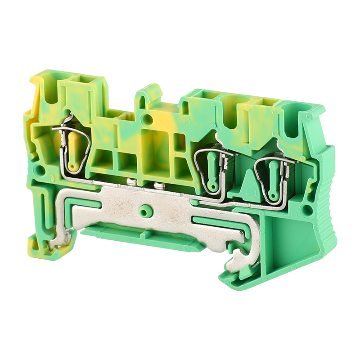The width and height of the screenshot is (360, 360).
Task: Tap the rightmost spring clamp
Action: (x=272, y=178)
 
